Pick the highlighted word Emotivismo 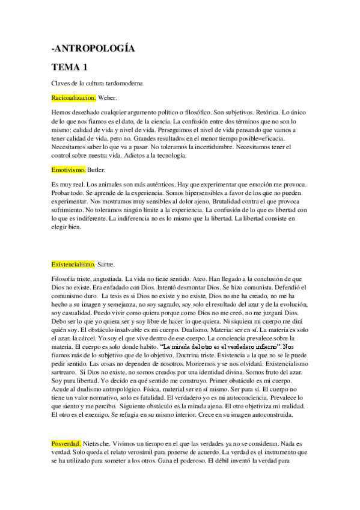(69, 170)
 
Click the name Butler (97, 170)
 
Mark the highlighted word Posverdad (66, 460)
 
